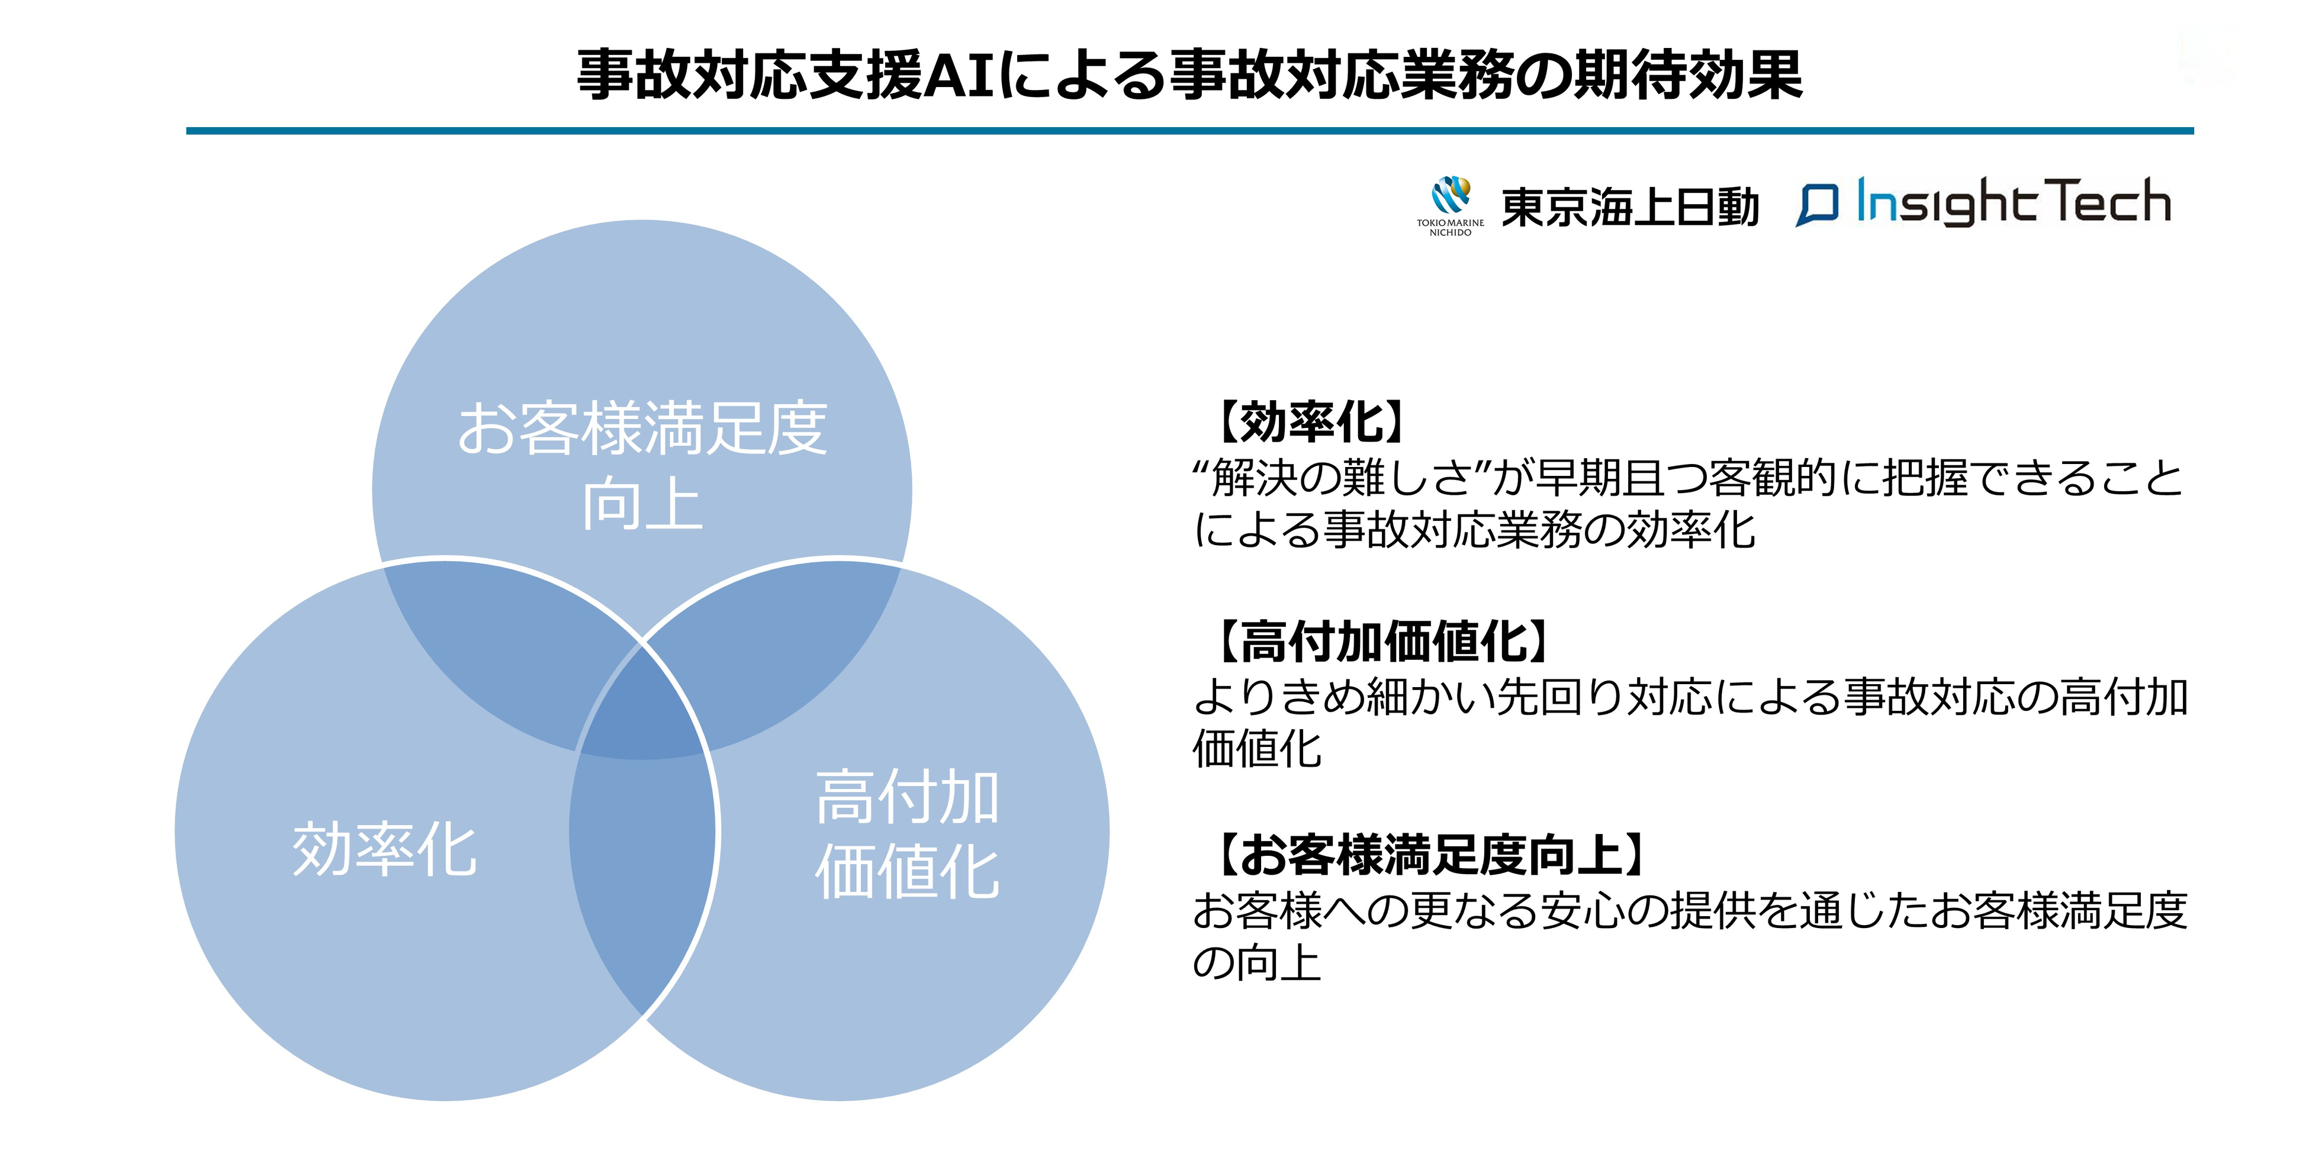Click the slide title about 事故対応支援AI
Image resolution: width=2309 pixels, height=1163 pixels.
coord(1189,75)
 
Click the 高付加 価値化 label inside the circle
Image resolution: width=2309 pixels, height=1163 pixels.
coord(906,833)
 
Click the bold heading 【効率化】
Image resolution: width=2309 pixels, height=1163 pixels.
coord(1308,422)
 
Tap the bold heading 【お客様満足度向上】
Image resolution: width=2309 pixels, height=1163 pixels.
coord(1430,855)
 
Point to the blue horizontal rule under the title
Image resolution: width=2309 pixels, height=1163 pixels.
coord(1189,131)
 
